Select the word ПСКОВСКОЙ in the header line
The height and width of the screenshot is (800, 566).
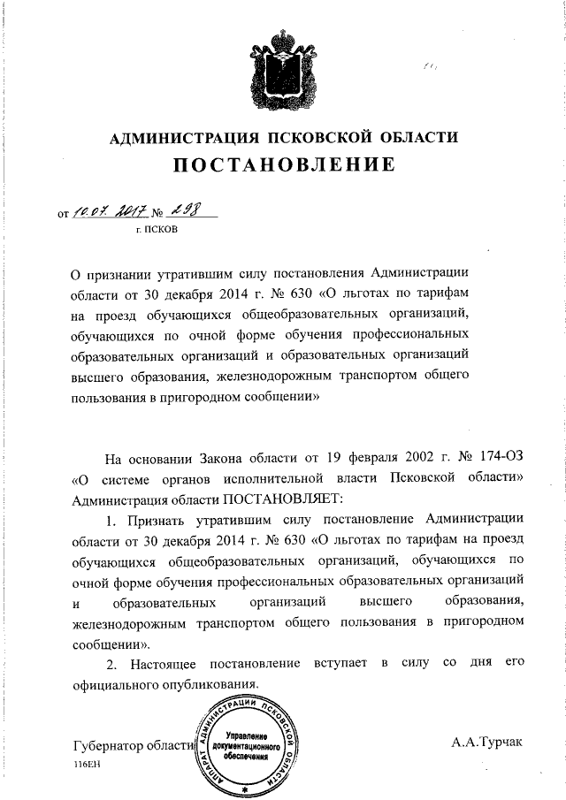[322, 138]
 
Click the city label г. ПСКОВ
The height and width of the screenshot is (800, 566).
[156, 233]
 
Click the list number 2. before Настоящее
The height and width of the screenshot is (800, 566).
[111, 664]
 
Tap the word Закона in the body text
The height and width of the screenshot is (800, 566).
[233, 459]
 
